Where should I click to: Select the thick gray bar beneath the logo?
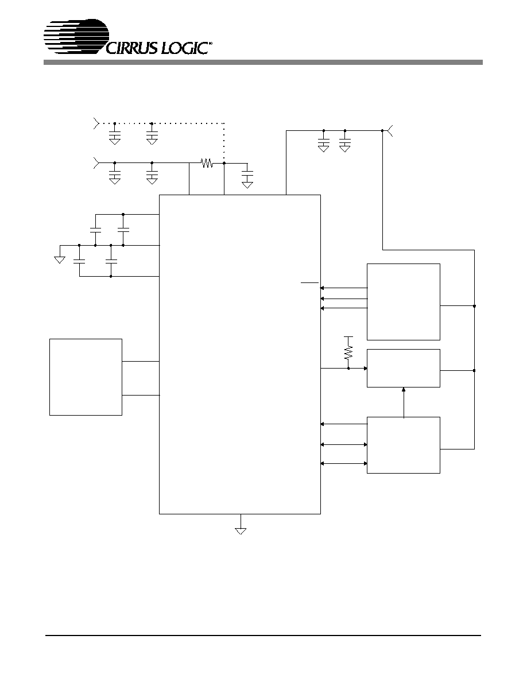(263, 62)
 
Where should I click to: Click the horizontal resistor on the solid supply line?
(207, 163)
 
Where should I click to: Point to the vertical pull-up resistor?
(348, 351)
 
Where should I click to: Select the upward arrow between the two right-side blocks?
(404, 402)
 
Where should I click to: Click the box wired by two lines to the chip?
(86, 377)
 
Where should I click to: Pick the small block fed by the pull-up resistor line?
(404, 368)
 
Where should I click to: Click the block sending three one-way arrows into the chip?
(404, 302)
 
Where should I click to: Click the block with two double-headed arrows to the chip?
(404, 445)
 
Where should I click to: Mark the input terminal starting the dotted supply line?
(96, 123)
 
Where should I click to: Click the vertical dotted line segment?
(224, 143)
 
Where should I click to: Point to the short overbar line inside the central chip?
(309, 282)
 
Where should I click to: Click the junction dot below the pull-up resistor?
(348, 369)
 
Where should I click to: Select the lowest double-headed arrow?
(343, 464)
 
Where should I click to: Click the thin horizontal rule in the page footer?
(263, 636)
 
